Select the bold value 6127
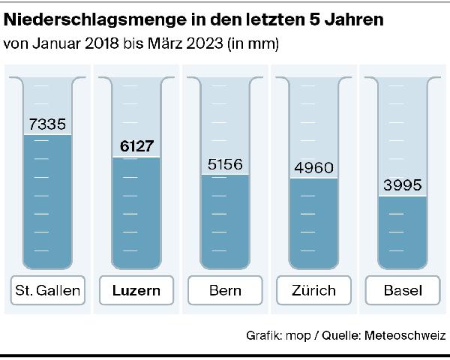click(x=136, y=147)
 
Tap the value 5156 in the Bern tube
click(x=226, y=164)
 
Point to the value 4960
click(x=314, y=167)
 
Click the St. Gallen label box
click(x=46, y=290)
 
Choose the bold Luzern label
click(x=136, y=290)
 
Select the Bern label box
click(x=225, y=290)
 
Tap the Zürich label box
click(x=314, y=290)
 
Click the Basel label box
click(x=403, y=290)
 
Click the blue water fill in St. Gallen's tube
click(x=47, y=202)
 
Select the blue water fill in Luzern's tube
click(x=136, y=214)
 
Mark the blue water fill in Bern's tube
click(x=226, y=221)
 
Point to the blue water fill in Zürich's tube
click(x=314, y=223)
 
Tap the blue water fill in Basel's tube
click(x=403, y=232)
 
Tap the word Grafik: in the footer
click(x=265, y=335)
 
